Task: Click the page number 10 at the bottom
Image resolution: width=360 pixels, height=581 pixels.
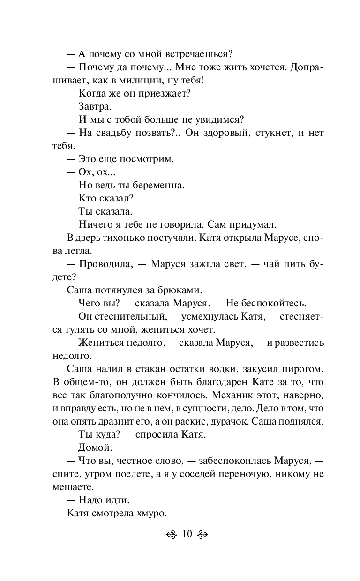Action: click(187, 534)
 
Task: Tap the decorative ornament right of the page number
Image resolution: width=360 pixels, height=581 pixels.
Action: click(202, 535)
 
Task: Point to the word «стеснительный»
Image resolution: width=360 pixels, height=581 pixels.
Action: click(123, 316)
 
